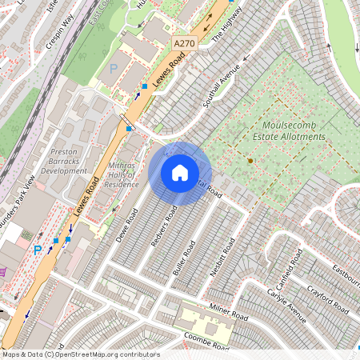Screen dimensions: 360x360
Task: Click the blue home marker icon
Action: [180, 172]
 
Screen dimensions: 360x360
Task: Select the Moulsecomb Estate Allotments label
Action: [294, 131]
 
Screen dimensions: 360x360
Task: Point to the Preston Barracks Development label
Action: [63, 160]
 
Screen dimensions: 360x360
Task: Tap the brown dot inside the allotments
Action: [250, 161]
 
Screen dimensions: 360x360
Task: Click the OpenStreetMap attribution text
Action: [81, 354]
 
